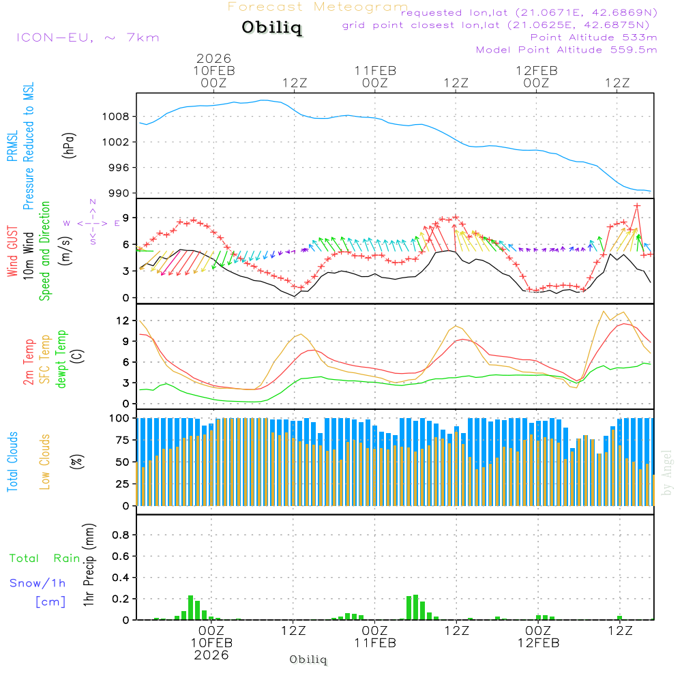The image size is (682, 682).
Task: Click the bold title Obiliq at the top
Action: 271,28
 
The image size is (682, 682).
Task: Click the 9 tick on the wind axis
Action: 125,218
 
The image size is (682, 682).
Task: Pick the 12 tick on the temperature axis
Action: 122,320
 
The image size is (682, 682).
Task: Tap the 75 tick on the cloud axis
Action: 121,440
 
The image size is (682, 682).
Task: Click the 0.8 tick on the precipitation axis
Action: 121,535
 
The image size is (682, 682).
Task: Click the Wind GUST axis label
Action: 12,252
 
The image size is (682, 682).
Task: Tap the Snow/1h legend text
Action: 38,584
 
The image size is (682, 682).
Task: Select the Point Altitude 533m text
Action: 593,38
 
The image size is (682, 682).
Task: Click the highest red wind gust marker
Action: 637,205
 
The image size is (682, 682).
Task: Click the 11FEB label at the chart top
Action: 375,70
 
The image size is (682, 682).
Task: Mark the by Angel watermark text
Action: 667,473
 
